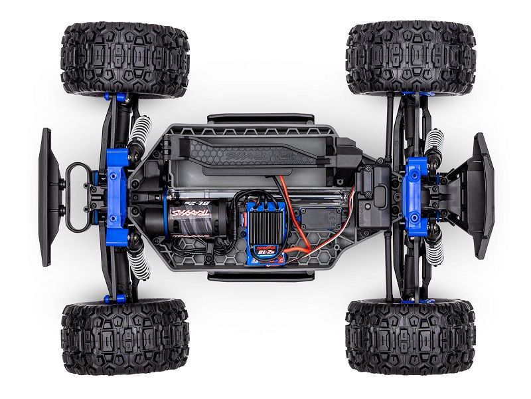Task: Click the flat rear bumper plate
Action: click(x=46, y=197)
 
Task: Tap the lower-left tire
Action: click(x=125, y=338)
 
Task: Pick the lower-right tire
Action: click(x=410, y=337)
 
